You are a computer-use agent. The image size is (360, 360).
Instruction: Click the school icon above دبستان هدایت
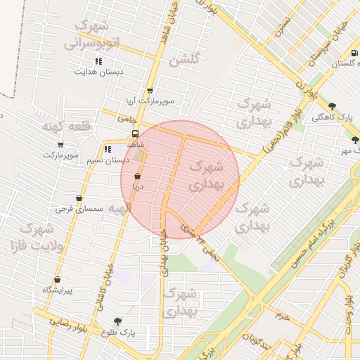[x=98, y=61]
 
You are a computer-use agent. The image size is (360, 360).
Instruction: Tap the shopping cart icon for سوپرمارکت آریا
[x=150, y=91]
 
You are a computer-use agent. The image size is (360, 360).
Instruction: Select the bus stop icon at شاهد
[x=135, y=134]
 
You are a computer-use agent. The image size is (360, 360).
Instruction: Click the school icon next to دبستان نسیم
[x=108, y=149]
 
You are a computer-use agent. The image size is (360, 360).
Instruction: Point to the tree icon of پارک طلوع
[x=117, y=321]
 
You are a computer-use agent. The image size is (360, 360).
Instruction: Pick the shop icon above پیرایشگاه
[x=58, y=280]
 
